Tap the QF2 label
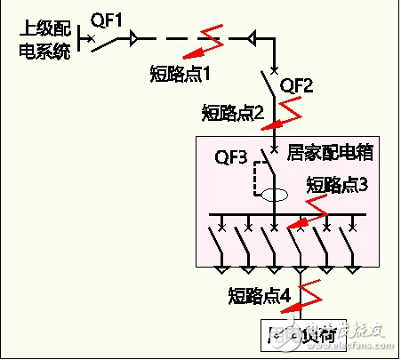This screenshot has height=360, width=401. pyautogui.click(x=297, y=85)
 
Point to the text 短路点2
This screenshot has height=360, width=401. pyautogui.click(x=233, y=113)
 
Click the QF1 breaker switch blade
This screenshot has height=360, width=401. pyautogui.click(x=108, y=41)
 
